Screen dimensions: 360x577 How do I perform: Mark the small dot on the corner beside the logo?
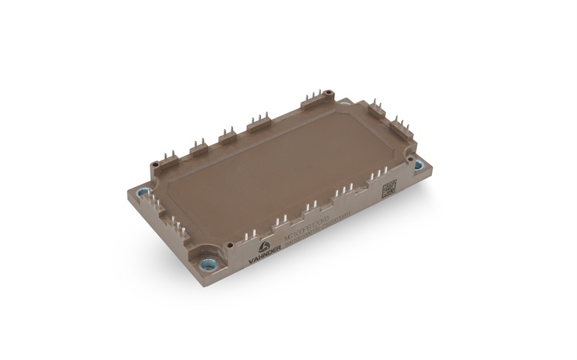[x=230, y=245]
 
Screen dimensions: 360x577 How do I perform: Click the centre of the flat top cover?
[x=281, y=170]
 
